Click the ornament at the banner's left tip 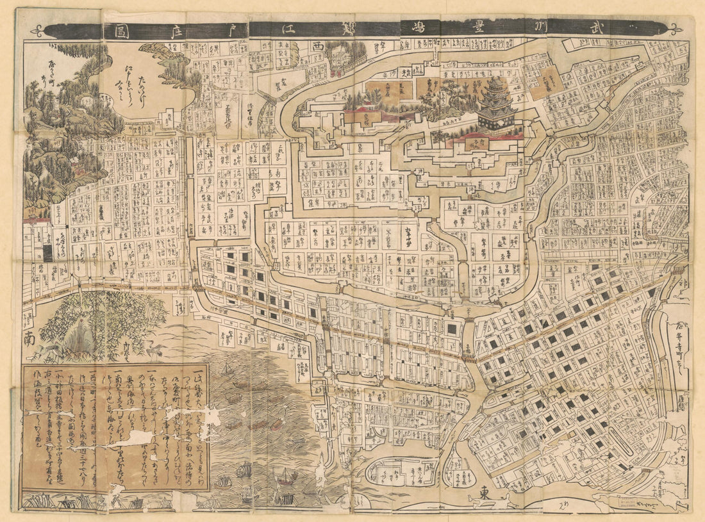click(x=40, y=30)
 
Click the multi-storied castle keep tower click(x=495, y=102)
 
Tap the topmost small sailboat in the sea click(x=226, y=370)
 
